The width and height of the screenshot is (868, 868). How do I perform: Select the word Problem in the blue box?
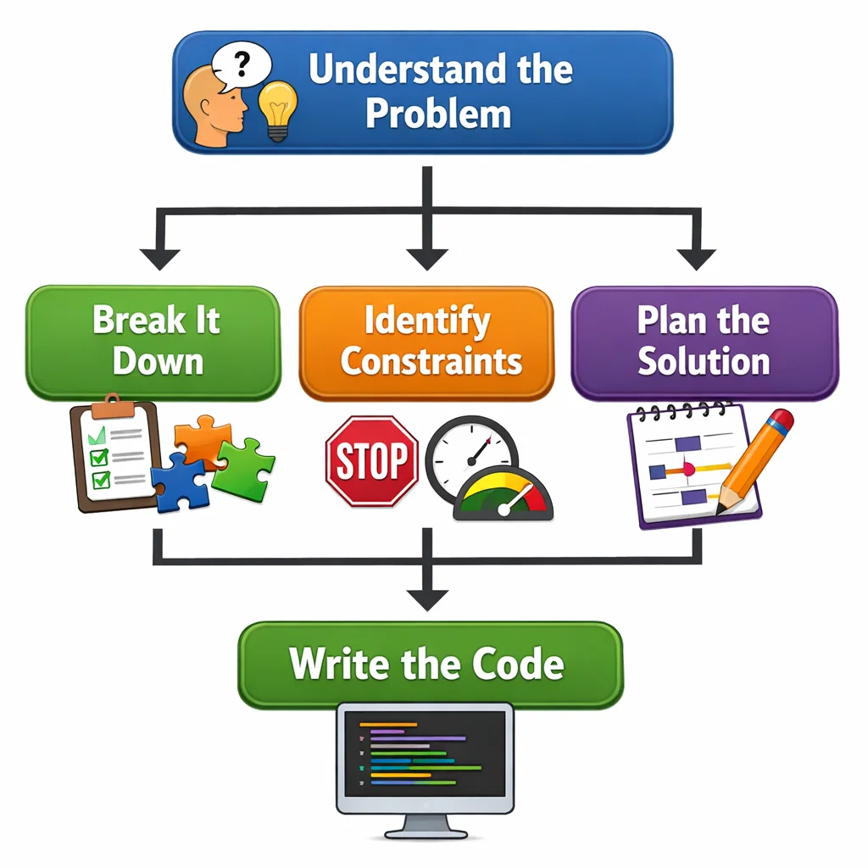tap(438, 114)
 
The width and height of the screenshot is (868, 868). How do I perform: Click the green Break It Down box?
tap(153, 342)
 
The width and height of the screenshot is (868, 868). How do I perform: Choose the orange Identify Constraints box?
tap(426, 342)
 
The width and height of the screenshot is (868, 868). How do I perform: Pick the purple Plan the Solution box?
tap(704, 342)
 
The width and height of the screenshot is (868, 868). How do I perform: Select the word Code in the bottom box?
tap(520, 664)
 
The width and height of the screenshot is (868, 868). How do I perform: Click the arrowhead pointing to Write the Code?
tap(426, 598)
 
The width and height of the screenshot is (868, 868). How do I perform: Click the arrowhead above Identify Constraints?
tap(426, 258)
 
